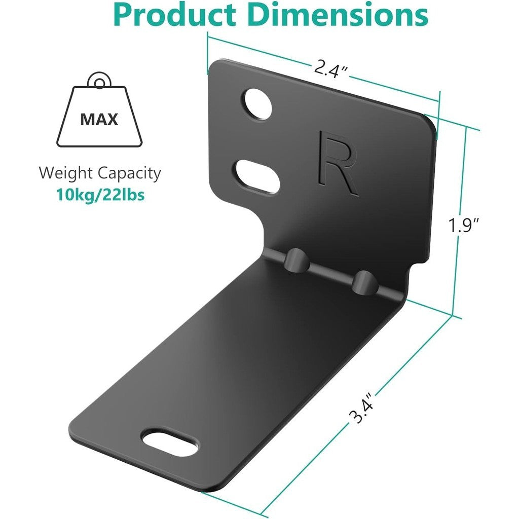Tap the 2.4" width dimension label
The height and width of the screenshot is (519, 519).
coord(330,67)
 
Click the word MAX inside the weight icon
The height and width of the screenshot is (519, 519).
coord(99,120)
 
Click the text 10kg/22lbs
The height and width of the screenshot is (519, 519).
coord(100,195)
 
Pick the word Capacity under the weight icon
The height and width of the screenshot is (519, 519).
coord(129,174)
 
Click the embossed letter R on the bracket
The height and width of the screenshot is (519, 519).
coord(338,163)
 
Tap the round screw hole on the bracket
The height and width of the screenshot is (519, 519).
coord(257,103)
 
